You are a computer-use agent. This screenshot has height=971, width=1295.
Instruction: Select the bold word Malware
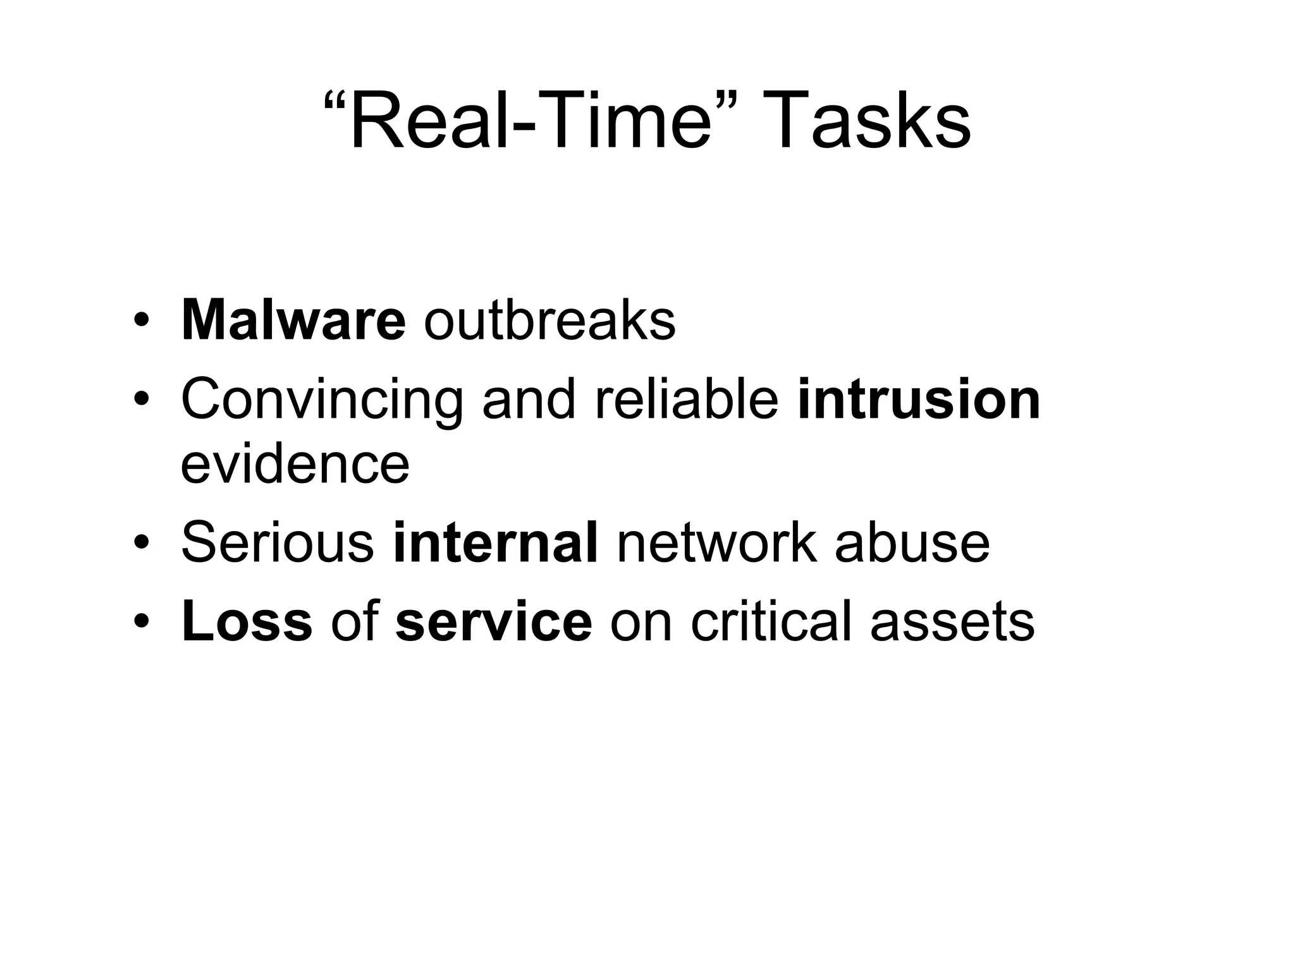coord(293,321)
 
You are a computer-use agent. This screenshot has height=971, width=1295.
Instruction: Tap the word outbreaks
coord(549,321)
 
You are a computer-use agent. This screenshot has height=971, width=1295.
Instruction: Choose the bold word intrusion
coord(919,400)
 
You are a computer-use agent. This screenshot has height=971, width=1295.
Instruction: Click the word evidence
coord(295,465)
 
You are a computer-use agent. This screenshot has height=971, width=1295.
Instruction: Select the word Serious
coord(278,543)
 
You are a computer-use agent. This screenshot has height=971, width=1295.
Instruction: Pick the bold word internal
coord(495,543)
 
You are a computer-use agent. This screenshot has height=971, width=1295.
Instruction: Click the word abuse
coord(912,543)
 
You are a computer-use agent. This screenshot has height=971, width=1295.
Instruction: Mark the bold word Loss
coord(247,622)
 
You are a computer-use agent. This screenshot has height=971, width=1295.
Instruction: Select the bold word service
coord(493,622)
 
